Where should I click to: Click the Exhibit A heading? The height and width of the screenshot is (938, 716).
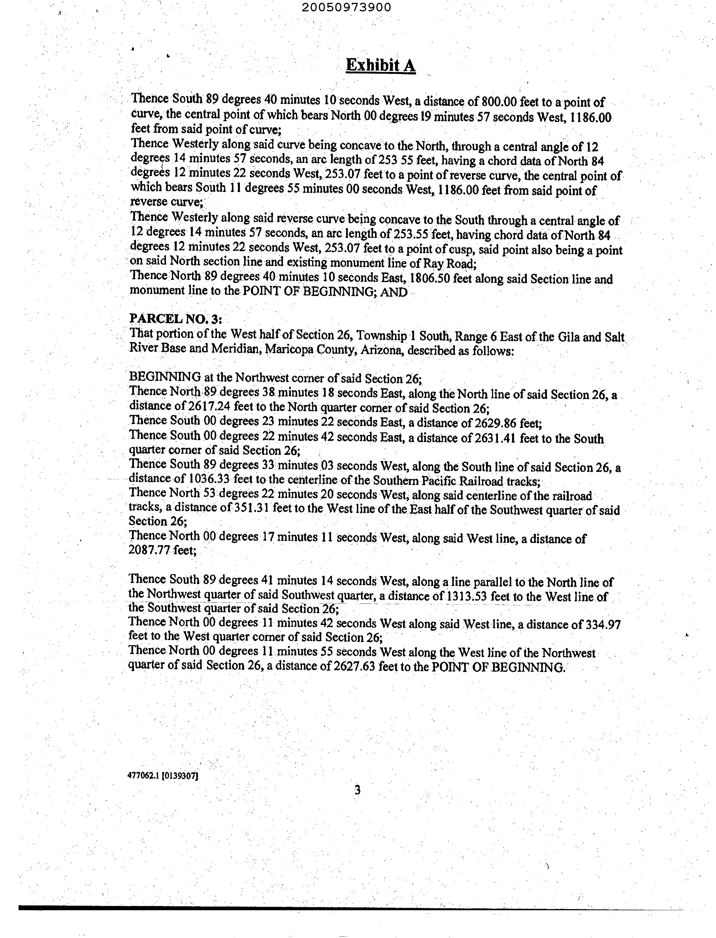tap(381, 65)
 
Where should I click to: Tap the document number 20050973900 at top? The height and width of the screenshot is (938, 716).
tap(348, 7)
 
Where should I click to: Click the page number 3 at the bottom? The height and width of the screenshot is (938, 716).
tap(357, 790)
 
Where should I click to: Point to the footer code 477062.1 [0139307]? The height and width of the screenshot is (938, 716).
tap(163, 776)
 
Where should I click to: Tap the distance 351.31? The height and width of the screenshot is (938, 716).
tap(251, 508)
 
